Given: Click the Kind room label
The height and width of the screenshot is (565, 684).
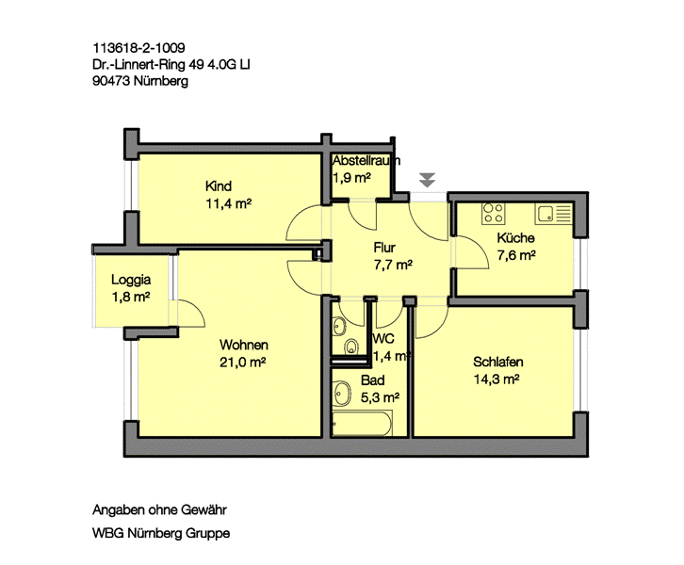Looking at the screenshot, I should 218,186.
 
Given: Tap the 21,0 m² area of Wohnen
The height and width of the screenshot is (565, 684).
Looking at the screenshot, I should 243,362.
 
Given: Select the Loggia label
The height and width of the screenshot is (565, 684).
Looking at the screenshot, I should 131,279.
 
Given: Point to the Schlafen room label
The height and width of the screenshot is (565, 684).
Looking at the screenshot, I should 498,362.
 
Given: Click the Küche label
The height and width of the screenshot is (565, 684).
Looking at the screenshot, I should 516,237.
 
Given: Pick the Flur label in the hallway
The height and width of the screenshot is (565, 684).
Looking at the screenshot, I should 384,248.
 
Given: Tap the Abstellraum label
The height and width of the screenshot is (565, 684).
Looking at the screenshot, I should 366,161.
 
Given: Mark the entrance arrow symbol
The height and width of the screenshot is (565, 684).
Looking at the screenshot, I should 429,178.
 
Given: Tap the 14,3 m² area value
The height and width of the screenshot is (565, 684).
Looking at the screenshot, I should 497,379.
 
